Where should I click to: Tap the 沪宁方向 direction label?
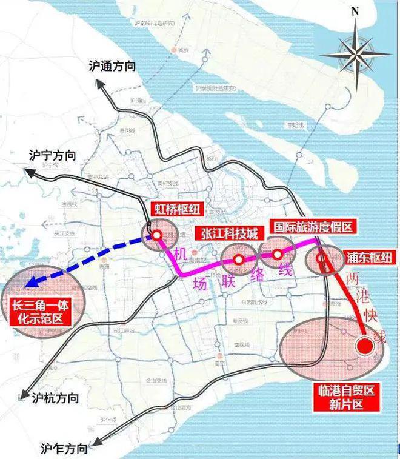pos(53,156)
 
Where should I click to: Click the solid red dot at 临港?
pos(364,347)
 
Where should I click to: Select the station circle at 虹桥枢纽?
pos(156,235)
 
